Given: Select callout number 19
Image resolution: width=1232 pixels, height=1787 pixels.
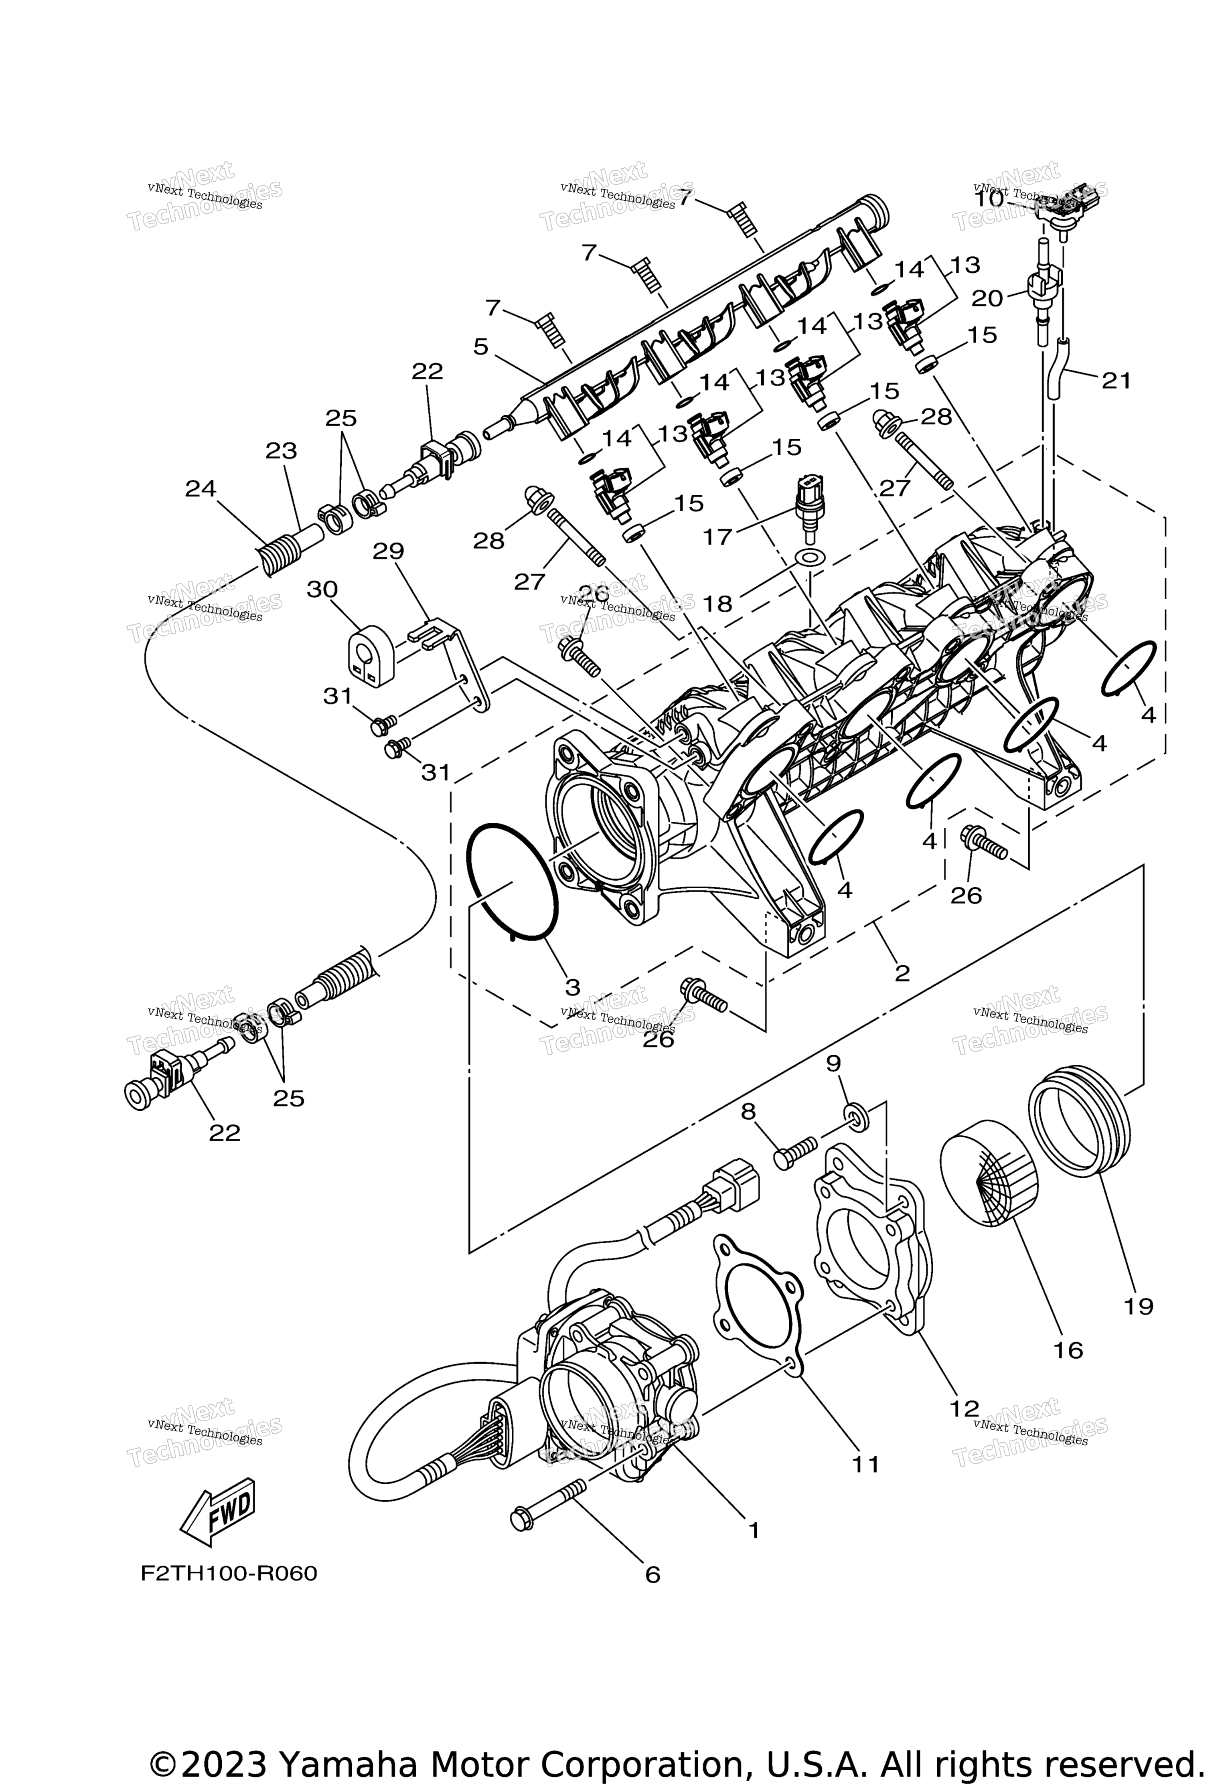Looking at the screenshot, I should point(1139,1306).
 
